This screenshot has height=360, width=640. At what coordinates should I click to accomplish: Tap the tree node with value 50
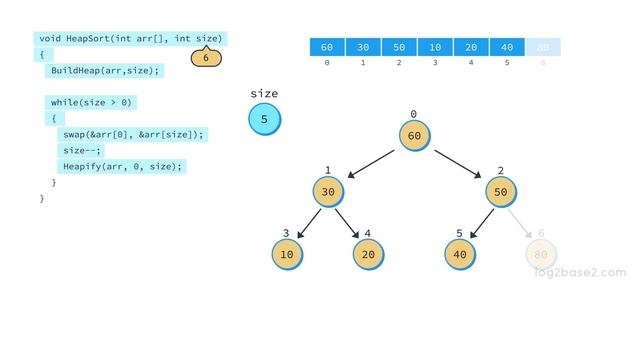pos(501,192)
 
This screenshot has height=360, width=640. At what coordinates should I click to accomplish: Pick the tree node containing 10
pos(287,254)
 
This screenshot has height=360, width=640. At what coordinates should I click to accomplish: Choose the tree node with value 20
pos(368,254)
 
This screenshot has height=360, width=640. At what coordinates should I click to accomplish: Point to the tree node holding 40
pos(460,254)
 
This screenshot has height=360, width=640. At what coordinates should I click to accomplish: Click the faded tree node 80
pos(541,254)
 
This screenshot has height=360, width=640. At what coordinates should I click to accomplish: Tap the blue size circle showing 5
pos(265,120)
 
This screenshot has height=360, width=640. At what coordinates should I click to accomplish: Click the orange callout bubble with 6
pos(206,58)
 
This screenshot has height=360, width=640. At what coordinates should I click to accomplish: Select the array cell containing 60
pos(327,47)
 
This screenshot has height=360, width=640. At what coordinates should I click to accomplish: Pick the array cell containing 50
pos(399,47)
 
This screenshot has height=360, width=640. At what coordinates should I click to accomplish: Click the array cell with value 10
pos(435,47)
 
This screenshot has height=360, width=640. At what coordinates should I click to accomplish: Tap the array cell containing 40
pos(507,47)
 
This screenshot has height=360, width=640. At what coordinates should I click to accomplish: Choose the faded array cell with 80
pos(543,47)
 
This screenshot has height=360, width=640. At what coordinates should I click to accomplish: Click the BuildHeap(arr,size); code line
pos(105,71)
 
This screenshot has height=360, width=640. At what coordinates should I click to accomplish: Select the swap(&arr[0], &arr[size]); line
pos(132,134)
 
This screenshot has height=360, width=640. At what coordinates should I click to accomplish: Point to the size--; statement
pos(82,150)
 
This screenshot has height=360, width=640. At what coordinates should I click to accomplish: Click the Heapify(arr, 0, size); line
pos(123,166)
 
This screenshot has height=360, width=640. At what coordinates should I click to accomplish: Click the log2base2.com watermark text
pos(580,272)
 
